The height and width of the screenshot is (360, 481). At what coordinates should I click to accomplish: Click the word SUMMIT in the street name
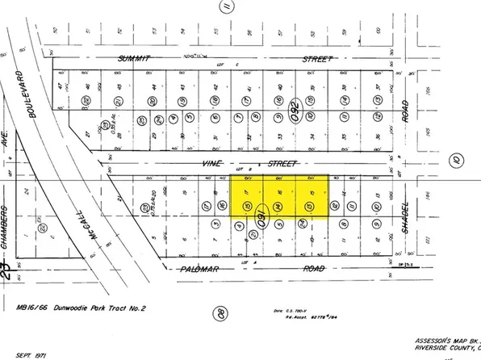[x=135, y=58]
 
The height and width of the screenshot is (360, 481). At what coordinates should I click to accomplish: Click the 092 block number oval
[x=295, y=107]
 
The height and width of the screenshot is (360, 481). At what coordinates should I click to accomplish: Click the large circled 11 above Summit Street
[x=228, y=8]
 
